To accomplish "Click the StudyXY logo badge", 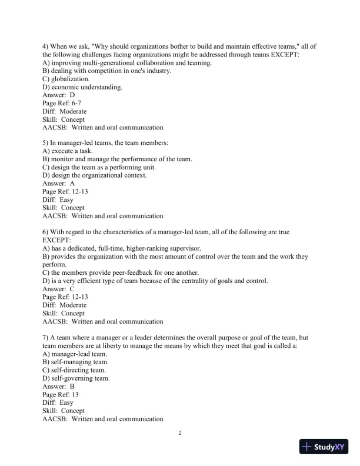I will tap(325, 447).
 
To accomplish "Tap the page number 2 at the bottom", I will tap(181, 434).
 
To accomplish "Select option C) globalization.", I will tap(66, 79).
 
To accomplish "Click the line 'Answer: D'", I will tap(59, 95).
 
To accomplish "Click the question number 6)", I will tap(47, 232).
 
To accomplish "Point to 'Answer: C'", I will tap(59, 289).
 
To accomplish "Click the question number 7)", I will tap(47, 338).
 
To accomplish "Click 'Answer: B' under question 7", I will tap(59, 387).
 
